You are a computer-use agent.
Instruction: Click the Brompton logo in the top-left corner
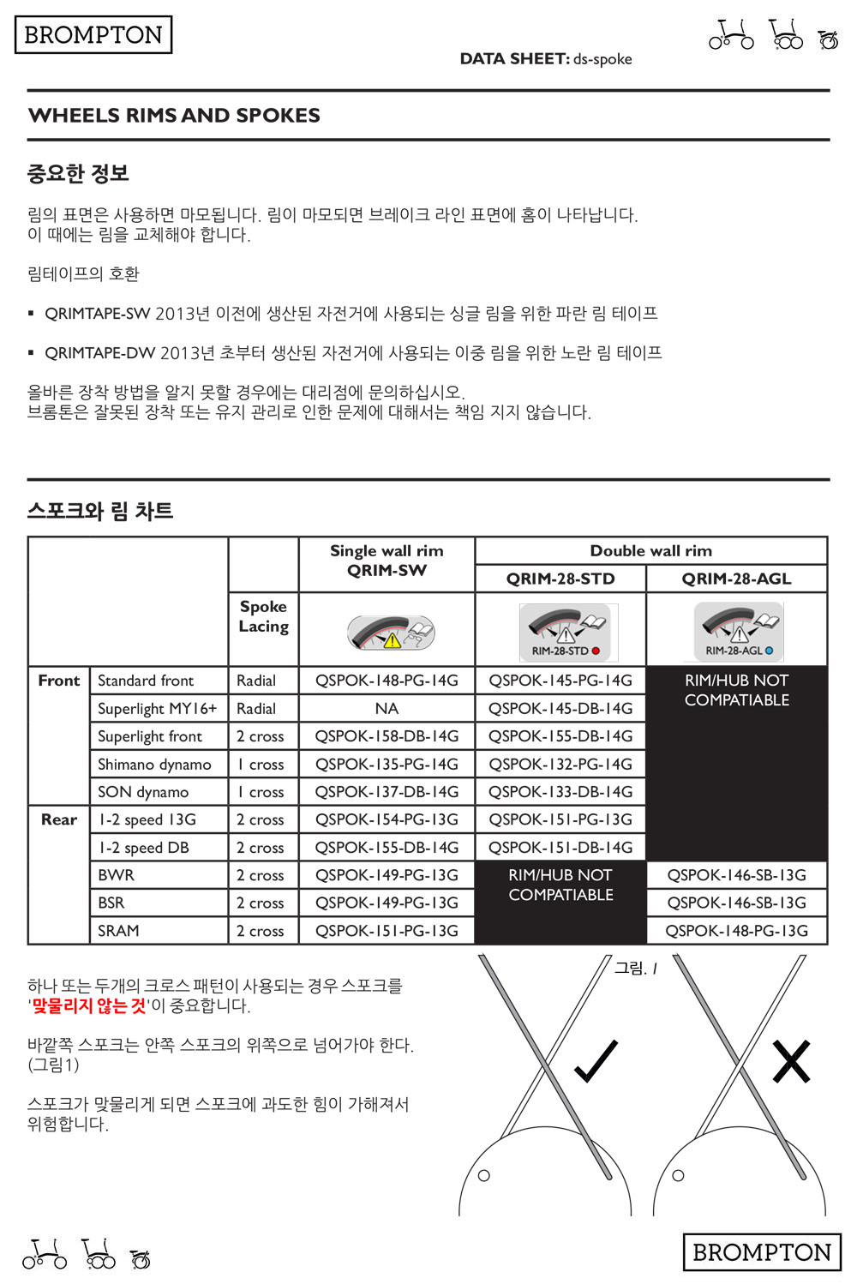93,35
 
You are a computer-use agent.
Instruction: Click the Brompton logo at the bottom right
761,1252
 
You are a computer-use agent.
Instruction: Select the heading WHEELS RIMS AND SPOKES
174,116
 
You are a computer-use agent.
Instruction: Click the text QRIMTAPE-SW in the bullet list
97,314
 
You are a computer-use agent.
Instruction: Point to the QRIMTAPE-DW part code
99,353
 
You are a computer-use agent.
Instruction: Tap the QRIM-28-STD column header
560,579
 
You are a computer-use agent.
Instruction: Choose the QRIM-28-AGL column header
736,579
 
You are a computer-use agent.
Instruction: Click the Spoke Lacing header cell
263,616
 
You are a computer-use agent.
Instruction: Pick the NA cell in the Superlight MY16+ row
387,709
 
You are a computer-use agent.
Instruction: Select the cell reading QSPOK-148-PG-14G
387,681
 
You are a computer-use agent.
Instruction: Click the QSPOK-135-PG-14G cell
387,765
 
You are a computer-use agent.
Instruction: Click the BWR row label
116,875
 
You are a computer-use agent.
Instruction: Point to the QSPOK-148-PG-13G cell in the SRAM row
736,931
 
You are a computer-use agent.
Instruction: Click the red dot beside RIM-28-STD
596,651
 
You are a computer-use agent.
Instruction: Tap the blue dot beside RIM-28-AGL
769,651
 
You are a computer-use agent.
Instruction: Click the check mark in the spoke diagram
596,1061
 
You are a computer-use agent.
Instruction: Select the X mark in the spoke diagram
790,1061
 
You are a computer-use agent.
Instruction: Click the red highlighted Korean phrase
88,1005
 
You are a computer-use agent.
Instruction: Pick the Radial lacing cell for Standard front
256,681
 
